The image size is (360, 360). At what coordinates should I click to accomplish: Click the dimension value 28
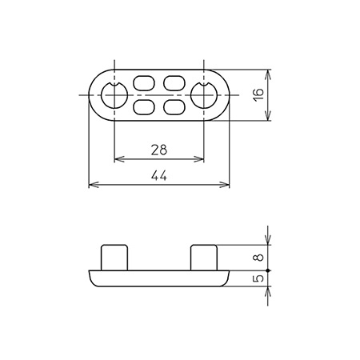click(159, 150)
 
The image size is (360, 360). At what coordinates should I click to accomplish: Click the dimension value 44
click(159, 176)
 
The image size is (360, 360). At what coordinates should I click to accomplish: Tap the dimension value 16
click(258, 94)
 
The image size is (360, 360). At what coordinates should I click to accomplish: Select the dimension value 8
click(259, 258)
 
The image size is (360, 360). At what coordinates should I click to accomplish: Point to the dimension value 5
click(259, 278)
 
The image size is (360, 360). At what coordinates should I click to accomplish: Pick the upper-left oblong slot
click(144, 83)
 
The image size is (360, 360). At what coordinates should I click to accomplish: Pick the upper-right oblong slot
click(174, 83)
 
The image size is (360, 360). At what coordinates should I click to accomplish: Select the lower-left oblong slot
click(144, 107)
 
